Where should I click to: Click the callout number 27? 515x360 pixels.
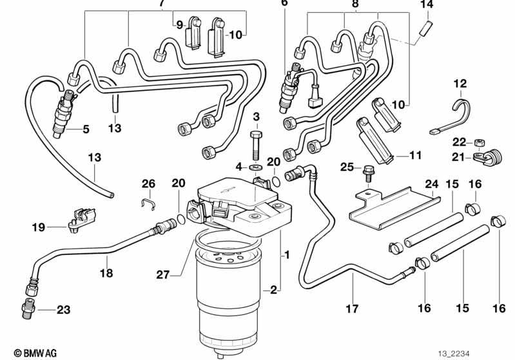pyautogui.click(x=162, y=274)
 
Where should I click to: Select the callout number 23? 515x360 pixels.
pyautogui.click(x=63, y=310)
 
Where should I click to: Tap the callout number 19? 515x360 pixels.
pyautogui.click(x=38, y=227)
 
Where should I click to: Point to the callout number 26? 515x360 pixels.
pyautogui.click(x=149, y=184)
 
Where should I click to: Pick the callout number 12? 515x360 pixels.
pyautogui.click(x=459, y=83)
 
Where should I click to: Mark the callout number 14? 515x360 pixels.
pyautogui.click(x=427, y=5)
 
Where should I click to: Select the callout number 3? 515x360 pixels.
pyautogui.click(x=256, y=117)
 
